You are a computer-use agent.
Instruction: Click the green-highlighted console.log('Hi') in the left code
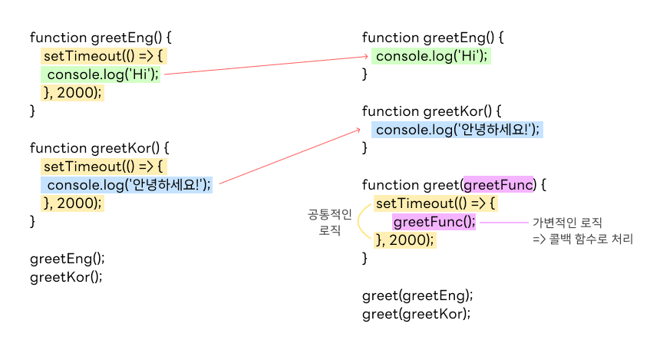click(101, 74)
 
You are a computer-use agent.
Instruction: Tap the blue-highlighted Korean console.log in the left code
click(127, 185)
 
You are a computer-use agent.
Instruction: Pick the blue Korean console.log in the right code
click(457, 130)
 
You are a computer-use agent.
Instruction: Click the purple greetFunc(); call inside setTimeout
click(434, 222)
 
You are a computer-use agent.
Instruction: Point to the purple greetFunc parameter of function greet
click(498, 185)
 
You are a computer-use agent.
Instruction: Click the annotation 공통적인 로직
click(329, 222)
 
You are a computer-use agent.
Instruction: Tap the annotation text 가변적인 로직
click(567, 222)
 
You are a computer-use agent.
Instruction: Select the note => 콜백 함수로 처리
click(583, 239)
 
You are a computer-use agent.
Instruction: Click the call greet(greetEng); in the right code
click(417, 295)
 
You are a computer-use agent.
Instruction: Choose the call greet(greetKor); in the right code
click(416, 313)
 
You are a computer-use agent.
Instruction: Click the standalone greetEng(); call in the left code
click(68, 259)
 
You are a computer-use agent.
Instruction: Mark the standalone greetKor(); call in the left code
click(66, 277)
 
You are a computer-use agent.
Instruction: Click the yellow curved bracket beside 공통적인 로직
click(361, 222)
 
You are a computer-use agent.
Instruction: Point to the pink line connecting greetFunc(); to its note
click(503, 223)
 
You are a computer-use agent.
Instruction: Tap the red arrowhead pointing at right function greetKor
click(358, 131)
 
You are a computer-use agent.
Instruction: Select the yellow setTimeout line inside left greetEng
click(104, 56)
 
